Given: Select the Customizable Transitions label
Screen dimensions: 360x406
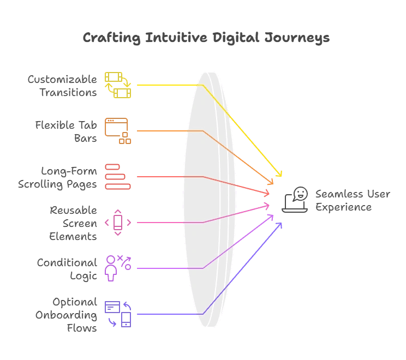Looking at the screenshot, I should pos(62,86).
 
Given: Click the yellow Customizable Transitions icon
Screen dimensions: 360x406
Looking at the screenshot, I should pos(118,85).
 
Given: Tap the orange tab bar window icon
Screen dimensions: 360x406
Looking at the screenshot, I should pos(118,131).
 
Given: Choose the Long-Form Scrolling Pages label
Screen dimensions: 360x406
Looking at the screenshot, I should pos(57,177).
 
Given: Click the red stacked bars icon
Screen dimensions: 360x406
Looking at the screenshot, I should pos(118,177).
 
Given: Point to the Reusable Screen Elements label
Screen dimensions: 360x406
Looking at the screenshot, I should pos(73,223).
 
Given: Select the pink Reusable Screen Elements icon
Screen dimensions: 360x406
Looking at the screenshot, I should pos(118,223).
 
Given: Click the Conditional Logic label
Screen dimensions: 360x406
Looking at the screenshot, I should pos(67,269).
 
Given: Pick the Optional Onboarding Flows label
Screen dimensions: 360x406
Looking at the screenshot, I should pos(66,315).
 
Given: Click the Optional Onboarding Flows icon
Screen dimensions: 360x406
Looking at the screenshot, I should pos(118,314).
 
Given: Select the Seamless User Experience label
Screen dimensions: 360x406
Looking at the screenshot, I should pos(353,200).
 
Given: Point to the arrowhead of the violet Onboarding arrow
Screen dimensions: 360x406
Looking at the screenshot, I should pos(280,224).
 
